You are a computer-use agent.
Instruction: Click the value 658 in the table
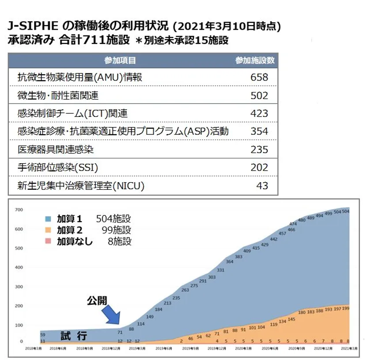tap(259, 77)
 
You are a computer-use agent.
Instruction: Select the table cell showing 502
tap(259, 96)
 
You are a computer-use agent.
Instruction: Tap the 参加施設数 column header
tap(255, 60)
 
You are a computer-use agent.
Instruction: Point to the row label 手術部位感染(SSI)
tap(57, 168)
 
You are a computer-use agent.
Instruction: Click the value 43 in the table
tap(262, 186)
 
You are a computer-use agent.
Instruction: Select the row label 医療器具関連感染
tap(56, 149)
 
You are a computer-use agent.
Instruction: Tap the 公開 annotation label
tap(97, 301)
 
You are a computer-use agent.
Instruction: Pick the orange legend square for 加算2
tap(48, 230)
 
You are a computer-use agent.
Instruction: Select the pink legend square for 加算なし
tap(48, 241)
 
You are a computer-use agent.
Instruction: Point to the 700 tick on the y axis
tap(18, 210)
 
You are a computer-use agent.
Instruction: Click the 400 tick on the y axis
tap(18, 267)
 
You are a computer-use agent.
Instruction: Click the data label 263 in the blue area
tap(185, 290)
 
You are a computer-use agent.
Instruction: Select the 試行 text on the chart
tap(73, 336)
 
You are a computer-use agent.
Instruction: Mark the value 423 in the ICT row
tap(259, 114)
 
